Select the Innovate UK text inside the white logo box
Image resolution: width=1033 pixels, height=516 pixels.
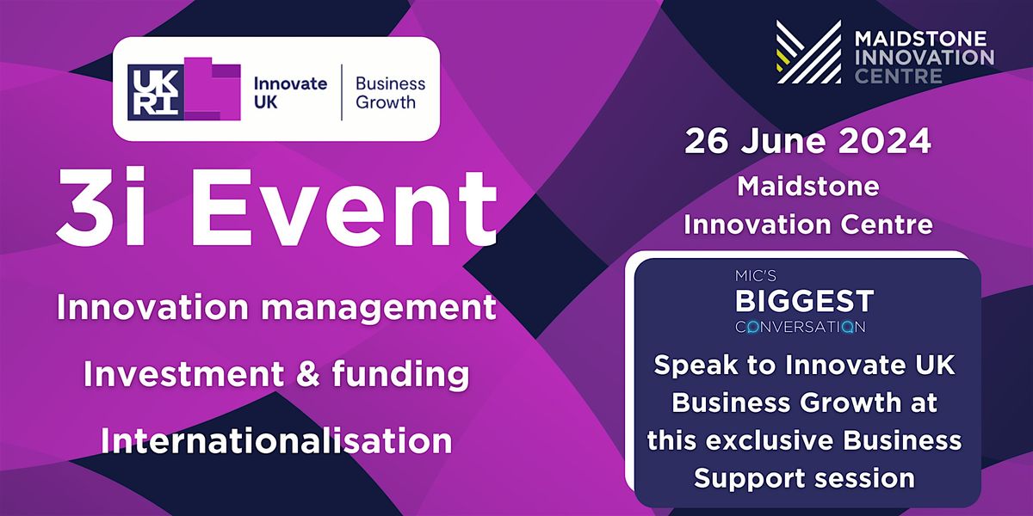(x=289, y=93)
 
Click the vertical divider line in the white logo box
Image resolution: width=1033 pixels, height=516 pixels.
(x=343, y=92)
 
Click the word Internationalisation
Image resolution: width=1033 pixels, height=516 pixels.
(x=276, y=440)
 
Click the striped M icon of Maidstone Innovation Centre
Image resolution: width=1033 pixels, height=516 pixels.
(x=807, y=52)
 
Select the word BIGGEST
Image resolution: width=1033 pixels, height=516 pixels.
(x=804, y=302)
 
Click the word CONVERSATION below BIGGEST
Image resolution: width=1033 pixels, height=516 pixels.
(x=800, y=327)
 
